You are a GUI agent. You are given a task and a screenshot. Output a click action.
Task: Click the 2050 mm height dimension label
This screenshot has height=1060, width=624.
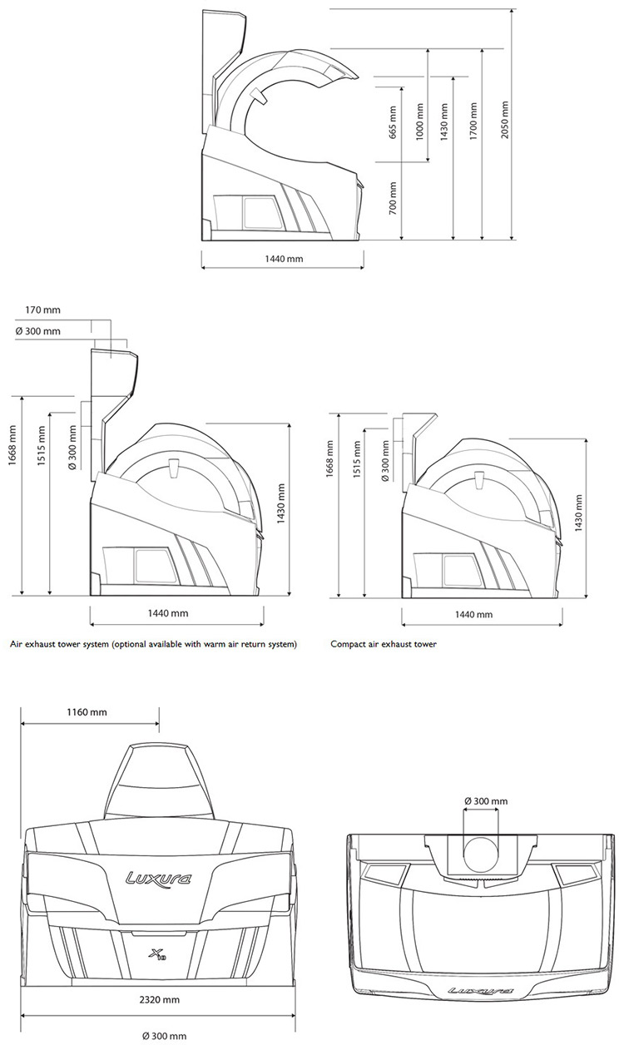(x=504, y=119)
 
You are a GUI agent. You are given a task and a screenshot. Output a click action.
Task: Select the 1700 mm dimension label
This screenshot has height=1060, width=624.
(x=473, y=121)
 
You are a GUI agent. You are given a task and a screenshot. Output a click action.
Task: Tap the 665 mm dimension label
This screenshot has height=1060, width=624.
(x=393, y=122)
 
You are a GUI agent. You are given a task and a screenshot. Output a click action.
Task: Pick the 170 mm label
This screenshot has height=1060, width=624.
(x=43, y=310)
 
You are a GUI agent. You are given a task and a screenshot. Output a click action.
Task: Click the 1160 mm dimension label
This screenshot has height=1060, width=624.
(x=87, y=711)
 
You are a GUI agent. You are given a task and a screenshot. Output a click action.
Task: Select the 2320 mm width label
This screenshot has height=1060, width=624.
(x=160, y=1000)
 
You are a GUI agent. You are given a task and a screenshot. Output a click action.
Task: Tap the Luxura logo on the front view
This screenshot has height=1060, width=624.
(x=158, y=879)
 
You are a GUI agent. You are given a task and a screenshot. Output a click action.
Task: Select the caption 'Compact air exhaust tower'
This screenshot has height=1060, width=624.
(x=384, y=644)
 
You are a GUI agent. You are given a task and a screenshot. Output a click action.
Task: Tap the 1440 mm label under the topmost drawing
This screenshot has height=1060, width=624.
(x=284, y=259)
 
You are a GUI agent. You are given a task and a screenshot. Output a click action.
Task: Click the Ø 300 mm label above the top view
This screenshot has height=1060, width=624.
(x=486, y=801)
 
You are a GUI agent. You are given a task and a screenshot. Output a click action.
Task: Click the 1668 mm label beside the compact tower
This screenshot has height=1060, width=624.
(x=329, y=458)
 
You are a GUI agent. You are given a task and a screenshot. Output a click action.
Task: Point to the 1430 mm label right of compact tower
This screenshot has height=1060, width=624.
(x=578, y=514)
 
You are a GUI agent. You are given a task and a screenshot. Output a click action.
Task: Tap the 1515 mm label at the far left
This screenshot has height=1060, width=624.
(x=42, y=446)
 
